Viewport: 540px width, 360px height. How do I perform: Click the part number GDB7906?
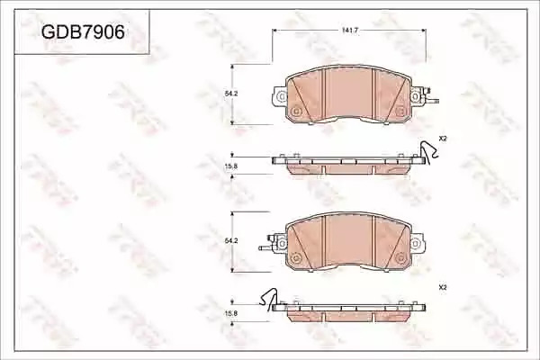83,32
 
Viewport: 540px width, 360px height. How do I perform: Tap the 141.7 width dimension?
350,31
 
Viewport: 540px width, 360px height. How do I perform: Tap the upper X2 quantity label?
443,139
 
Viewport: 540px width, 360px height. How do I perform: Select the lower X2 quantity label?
443,287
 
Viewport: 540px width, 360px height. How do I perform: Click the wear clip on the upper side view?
427,152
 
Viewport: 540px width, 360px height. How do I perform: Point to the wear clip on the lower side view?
269,298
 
